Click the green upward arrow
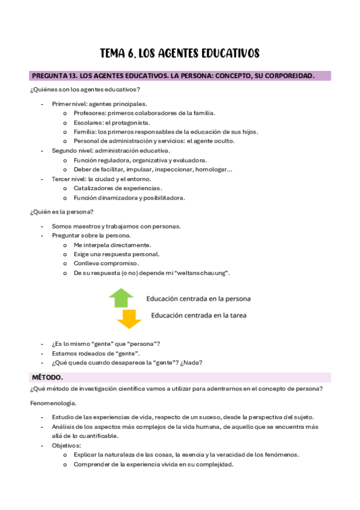(x=121, y=298)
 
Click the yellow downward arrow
(x=129, y=319)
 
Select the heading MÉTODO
(x=46, y=377)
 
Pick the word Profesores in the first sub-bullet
(x=90, y=113)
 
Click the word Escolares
(x=88, y=123)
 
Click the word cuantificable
(x=97, y=436)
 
